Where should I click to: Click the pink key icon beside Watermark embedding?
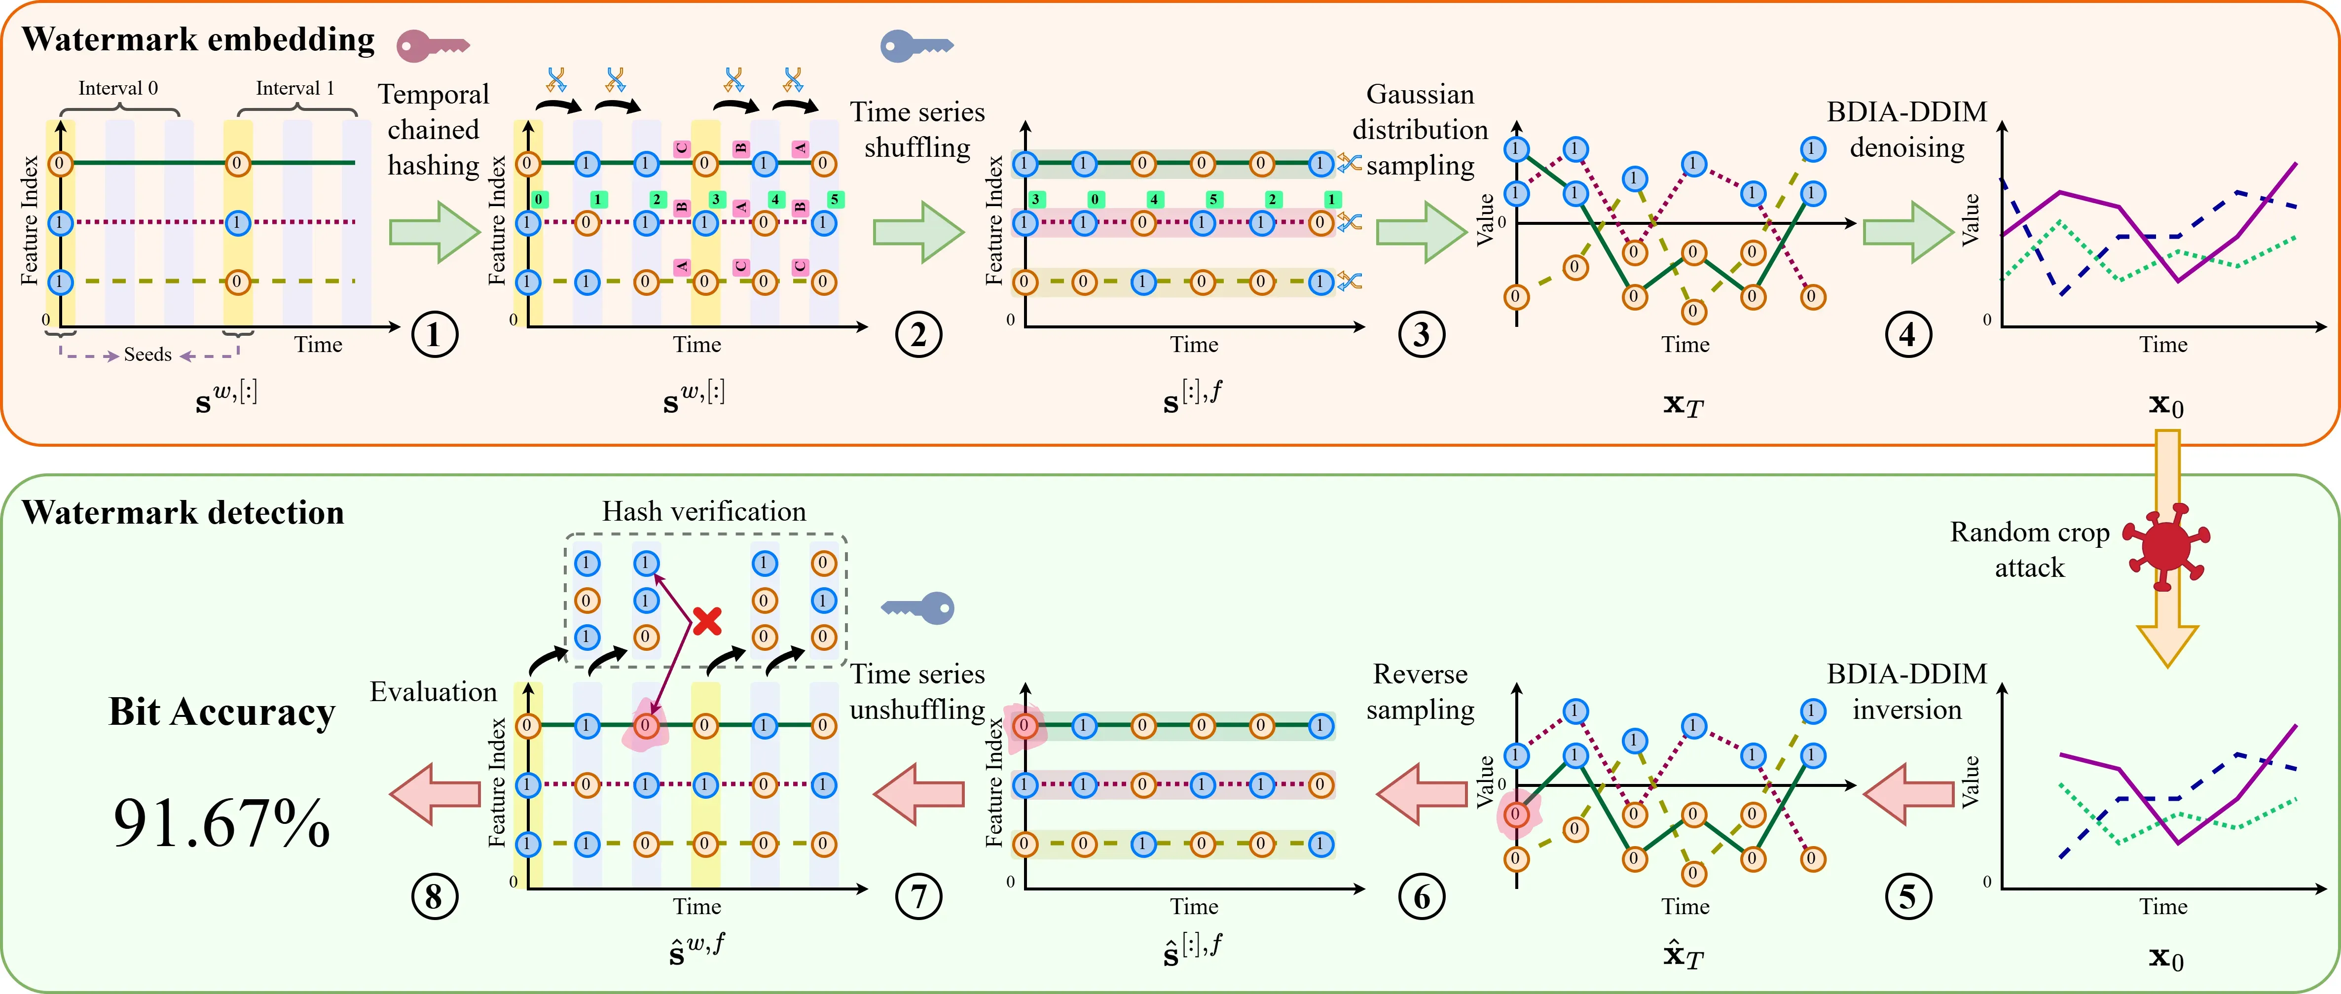pyautogui.click(x=432, y=44)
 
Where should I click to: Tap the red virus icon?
pyautogui.click(x=2166, y=546)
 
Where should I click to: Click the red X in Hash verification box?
pyautogui.click(x=707, y=621)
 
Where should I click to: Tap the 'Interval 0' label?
pyautogui.click(x=118, y=88)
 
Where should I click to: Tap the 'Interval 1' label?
pyautogui.click(x=295, y=88)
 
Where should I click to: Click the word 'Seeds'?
pyautogui.click(x=147, y=355)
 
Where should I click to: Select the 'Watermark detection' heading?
pyautogui.click(x=183, y=512)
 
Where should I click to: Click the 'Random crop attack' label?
pyautogui.click(x=2029, y=550)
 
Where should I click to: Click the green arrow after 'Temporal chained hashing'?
pyautogui.click(x=435, y=233)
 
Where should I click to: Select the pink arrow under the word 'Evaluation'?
pyautogui.click(x=435, y=793)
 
